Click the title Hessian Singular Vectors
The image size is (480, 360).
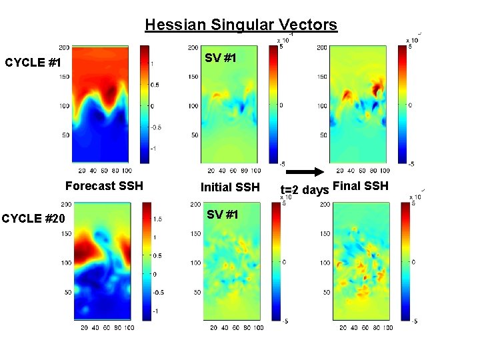click(x=241, y=25)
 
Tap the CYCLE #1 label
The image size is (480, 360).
click(x=33, y=63)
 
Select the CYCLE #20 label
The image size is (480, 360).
click(x=33, y=219)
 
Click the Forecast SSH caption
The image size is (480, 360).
click(x=104, y=186)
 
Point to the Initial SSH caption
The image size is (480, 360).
click(x=230, y=187)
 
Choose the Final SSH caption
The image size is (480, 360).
click(x=360, y=185)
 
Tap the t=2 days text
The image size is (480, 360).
click(x=305, y=190)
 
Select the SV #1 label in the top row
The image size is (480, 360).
click(x=221, y=58)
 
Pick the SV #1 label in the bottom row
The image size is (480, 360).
click(x=223, y=214)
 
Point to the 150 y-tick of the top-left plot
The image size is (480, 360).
click(x=64, y=77)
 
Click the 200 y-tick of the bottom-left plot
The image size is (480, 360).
click(x=69, y=205)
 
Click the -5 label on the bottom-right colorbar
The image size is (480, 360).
click(x=415, y=321)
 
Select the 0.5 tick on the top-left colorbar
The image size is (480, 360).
click(x=155, y=85)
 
